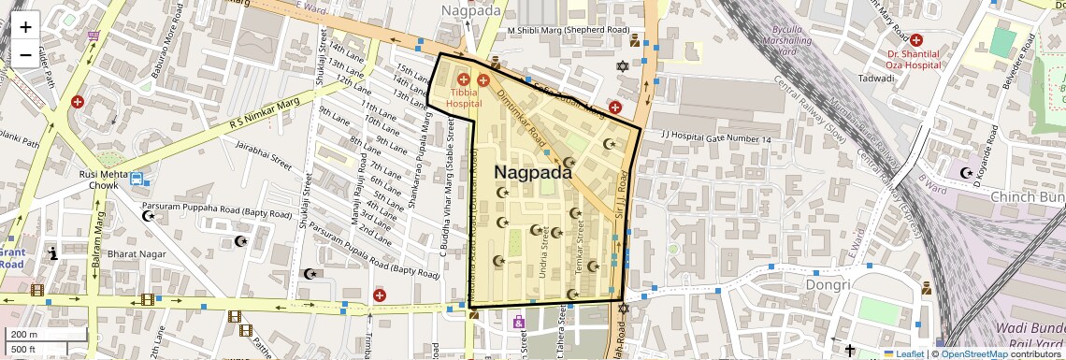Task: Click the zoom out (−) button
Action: pos(25,54)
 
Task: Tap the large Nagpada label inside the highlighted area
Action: pos(532,173)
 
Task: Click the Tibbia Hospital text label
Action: pos(464,98)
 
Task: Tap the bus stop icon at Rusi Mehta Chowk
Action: pos(138,179)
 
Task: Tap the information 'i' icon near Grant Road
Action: pos(53,252)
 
